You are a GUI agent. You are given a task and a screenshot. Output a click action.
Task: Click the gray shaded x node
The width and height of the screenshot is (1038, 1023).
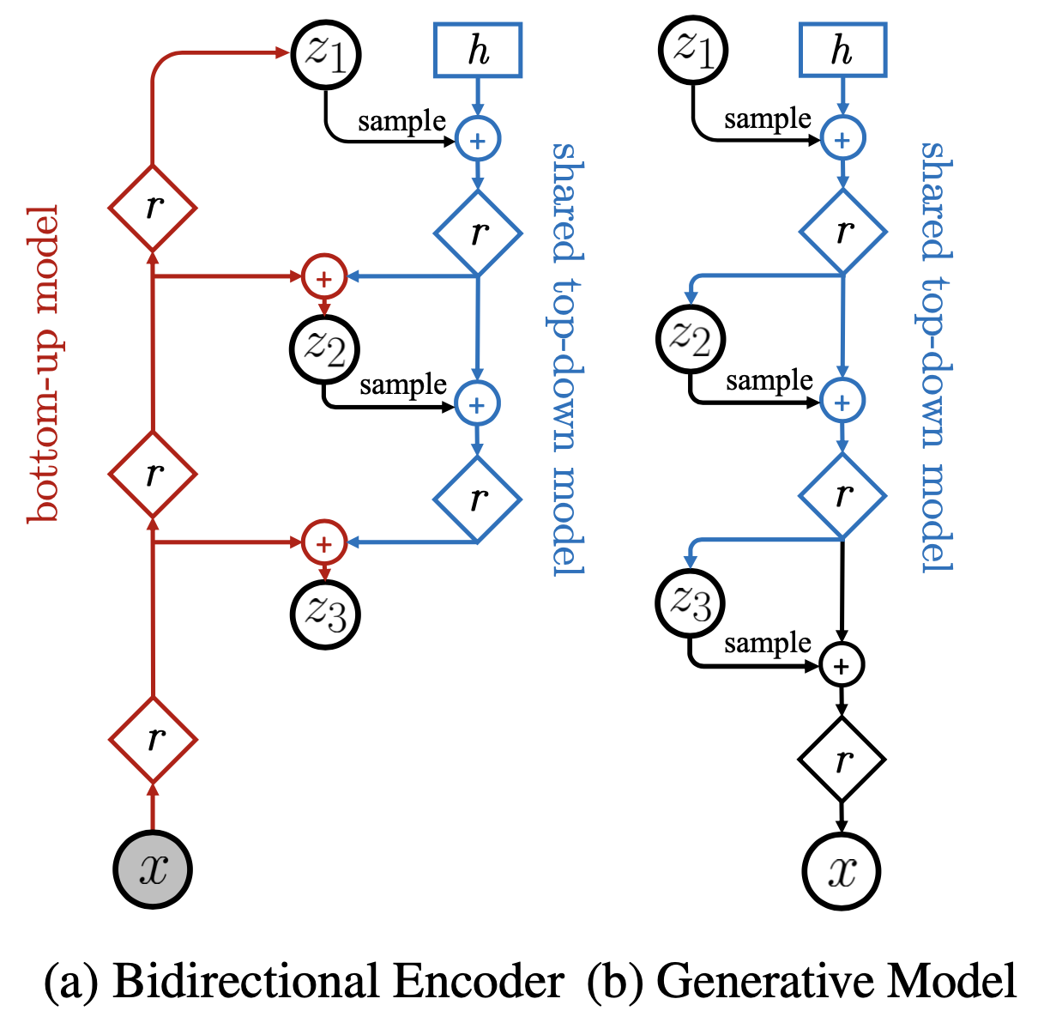pos(153,869)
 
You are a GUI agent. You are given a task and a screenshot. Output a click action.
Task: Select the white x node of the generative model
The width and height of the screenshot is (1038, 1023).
pos(842,870)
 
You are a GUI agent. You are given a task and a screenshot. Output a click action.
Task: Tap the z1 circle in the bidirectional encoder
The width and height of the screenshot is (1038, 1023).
pos(326,53)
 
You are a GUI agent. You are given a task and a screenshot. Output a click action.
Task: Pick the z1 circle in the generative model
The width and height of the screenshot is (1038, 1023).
pos(693,49)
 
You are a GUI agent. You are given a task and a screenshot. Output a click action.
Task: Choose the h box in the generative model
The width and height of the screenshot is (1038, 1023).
pos(842,51)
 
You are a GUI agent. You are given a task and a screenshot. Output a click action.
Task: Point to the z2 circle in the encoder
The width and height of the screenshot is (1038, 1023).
pos(325,349)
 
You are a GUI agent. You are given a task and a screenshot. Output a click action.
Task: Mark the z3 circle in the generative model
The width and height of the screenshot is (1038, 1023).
pos(691,603)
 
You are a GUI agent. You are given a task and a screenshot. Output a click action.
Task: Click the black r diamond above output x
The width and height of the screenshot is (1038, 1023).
pos(842,759)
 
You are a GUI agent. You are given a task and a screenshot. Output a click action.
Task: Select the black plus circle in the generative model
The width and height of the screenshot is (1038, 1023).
pos(842,665)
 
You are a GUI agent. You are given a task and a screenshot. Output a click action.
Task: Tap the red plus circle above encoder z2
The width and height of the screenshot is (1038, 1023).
pos(324,278)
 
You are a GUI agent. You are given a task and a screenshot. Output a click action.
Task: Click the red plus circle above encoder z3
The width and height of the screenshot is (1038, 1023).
pos(324,543)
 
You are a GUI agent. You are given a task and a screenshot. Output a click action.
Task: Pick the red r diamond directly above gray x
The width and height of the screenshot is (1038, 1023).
pos(153,738)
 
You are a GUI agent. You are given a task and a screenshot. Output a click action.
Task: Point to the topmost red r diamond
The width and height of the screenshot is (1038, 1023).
pos(153,207)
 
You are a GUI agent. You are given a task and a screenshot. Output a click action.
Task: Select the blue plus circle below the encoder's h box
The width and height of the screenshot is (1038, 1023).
pos(478,140)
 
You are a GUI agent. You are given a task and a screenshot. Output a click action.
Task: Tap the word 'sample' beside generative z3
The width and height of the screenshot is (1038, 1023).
pos(767,643)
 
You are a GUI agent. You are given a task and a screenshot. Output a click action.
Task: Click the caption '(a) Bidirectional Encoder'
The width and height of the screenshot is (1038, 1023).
pos(305,981)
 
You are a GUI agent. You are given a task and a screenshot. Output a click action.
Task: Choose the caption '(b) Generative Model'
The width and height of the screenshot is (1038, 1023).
pos(802,981)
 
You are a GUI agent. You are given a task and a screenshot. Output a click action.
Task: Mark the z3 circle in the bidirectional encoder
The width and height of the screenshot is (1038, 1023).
pos(325,614)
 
